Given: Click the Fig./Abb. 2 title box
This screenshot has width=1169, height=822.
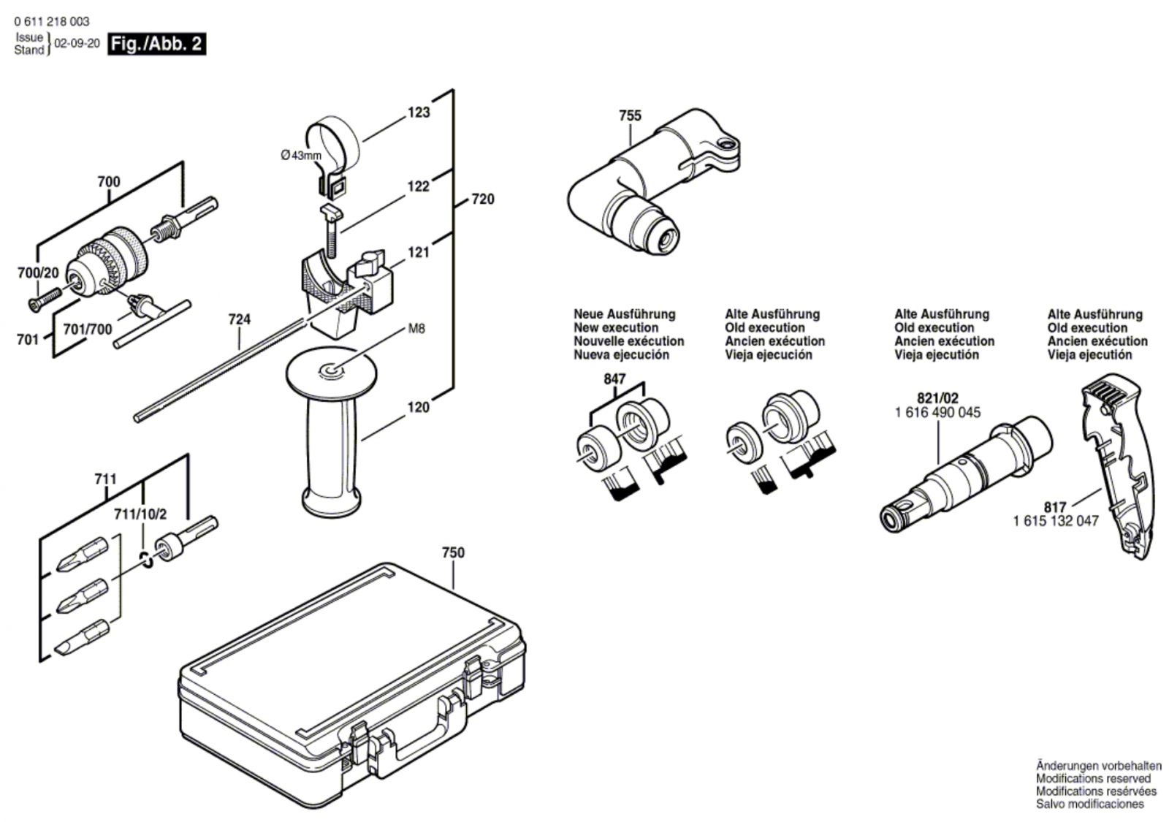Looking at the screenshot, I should (156, 44).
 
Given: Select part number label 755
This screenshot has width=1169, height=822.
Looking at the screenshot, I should (629, 115).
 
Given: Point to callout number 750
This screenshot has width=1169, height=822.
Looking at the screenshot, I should (453, 553).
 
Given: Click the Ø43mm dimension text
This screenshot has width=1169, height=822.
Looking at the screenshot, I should (300, 155).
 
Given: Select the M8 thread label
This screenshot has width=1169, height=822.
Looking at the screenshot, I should (416, 329).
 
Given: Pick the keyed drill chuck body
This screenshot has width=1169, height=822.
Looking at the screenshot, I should (110, 259).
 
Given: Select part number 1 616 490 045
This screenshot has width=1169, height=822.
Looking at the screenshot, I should (937, 413).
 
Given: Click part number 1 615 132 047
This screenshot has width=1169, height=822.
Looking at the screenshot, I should (1055, 521).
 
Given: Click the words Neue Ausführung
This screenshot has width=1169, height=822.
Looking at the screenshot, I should (624, 314).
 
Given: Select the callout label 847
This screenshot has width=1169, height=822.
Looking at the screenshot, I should (615, 379).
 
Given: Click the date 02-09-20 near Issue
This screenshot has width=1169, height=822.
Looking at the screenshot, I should (77, 44).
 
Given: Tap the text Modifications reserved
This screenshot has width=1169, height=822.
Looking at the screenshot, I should (1093, 779).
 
